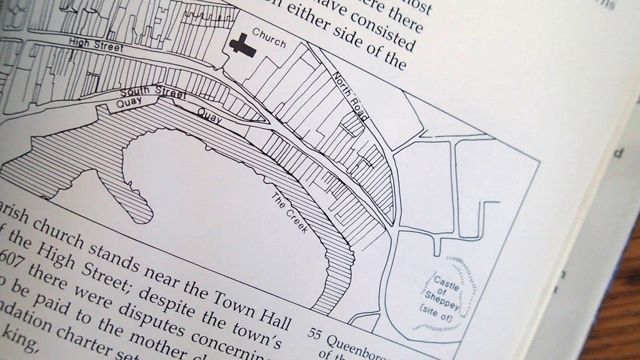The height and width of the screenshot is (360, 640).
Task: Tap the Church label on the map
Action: pyautogui.click(x=269, y=38)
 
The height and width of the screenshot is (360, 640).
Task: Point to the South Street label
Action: pyautogui.click(x=154, y=93)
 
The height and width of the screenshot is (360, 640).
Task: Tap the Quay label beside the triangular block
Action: pyautogui.click(x=210, y=115)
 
